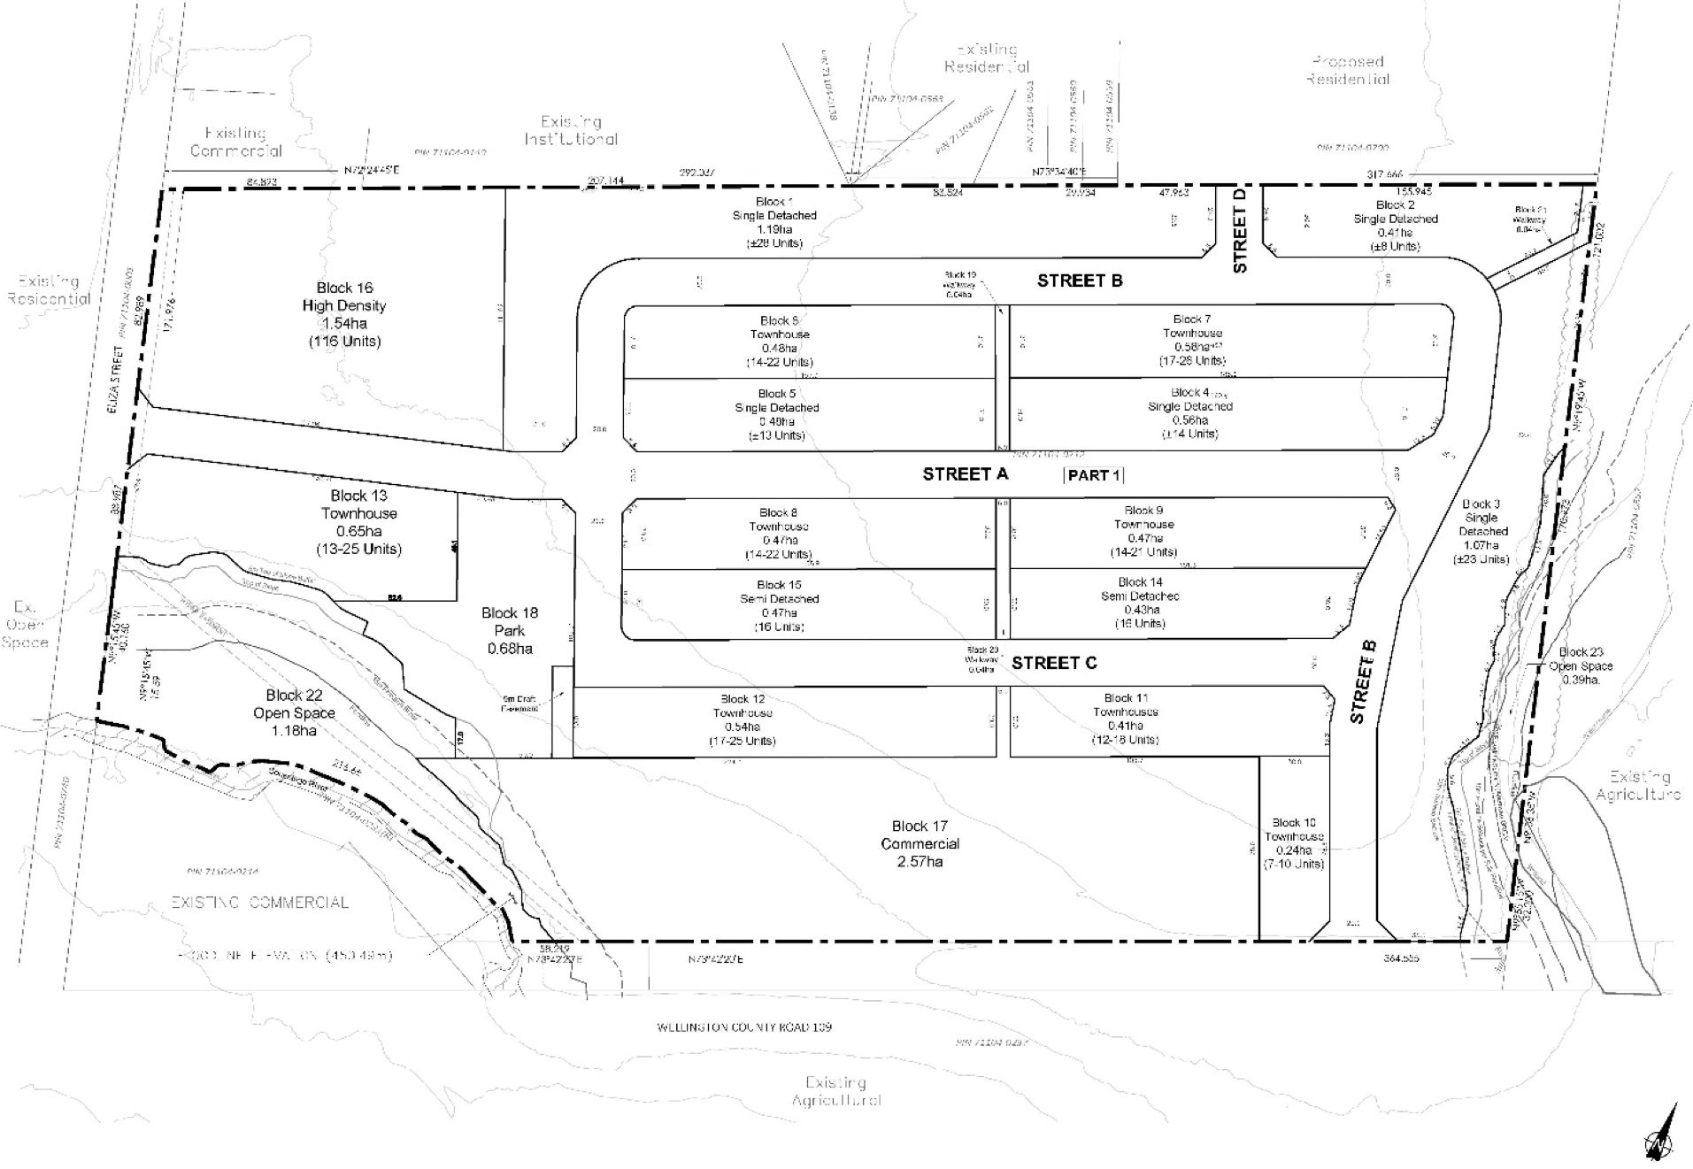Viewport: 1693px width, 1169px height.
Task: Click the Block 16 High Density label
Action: [x=344, y=314]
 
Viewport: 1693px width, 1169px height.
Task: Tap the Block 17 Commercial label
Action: [x=920, y=843]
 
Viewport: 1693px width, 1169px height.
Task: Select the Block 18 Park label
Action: [x=510, y=630]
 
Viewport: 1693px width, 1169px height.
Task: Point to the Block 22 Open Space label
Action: [x=294, y=712]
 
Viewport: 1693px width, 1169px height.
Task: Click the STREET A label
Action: [x=965, y=474]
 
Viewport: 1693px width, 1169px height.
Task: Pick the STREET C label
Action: [x=1054, y=663]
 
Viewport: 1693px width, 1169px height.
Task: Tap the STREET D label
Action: [x=1239, y=230]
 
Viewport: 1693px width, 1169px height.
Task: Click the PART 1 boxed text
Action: [x=1094, y=475]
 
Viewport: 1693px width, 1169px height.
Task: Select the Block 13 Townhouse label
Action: [x=358, y=522]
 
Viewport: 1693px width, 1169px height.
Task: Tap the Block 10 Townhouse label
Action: [x=1293, y=843]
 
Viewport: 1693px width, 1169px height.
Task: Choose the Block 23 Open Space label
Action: [x=1581, y=665]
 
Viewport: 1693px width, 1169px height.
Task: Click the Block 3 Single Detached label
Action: [x=1482, y=531]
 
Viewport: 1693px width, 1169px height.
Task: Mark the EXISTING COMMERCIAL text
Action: [x=260, y=903]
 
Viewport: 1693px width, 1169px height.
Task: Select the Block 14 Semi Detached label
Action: [x=1140, y=603]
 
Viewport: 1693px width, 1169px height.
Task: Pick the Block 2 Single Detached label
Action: [x=1395, y=226]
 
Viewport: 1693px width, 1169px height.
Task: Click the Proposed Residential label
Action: [x=1349, y=70]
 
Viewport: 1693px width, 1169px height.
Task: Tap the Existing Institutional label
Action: [x=571, y=130]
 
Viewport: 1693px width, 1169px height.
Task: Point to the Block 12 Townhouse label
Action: [x=743, y=719]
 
